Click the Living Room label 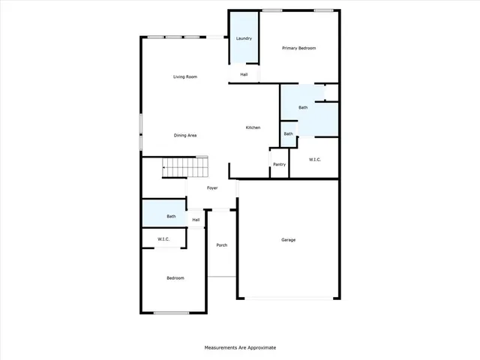[x=185, y=76]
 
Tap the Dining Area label [x=185, y=135]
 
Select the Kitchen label [x=253, y=127]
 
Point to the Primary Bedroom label [x=298, y=48]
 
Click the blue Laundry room [x=244, y=38]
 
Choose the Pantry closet [x=279, y=164]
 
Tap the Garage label [x=288, y=240]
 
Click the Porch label [x=221, y=245]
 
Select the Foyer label [x=212, y=187]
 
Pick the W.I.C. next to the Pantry [x=316, y=160]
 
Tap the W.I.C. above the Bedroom [x=163, y=239]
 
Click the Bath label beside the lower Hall [x=171, y=216]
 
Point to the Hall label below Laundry [x=244, y=74]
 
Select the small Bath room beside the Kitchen [x=288, y=134]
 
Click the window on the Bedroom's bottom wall [x=171, y=313]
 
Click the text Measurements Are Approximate [x=240, y=347]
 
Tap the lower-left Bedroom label [x=175, y=278]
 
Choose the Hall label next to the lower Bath [x=196, y=220]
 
